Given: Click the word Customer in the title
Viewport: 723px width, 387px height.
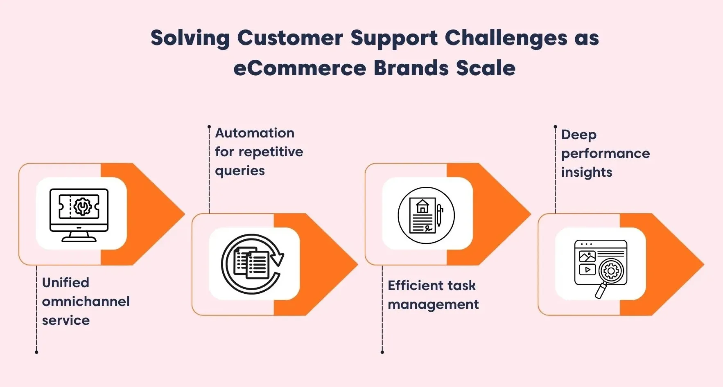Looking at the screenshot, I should (290, 38).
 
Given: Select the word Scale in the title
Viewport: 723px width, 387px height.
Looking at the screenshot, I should (486, 68).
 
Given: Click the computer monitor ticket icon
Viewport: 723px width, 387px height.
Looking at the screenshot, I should (79, 214).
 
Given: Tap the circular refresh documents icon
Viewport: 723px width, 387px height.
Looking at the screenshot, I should (253, 264).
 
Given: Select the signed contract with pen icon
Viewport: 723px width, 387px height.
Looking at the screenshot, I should (426, 216).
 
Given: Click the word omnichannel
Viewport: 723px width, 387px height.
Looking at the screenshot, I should (86, 301).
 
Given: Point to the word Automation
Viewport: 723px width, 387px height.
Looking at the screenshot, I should (255, 133).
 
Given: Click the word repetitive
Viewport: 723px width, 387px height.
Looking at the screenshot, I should (271, 152).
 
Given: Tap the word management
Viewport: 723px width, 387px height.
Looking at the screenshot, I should (433, 304).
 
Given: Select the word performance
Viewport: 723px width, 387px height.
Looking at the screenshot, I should (605, 153).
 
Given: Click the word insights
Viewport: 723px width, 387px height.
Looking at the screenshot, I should (586, 172).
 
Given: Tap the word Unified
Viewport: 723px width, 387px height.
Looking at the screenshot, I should (66, 283).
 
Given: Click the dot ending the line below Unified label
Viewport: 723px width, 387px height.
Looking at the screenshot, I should (36, 352).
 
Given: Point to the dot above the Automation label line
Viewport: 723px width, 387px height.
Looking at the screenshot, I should (209, 127).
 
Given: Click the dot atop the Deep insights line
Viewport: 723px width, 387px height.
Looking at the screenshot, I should (555, 127).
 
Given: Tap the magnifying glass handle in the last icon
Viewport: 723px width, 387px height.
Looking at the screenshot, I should (601, 291).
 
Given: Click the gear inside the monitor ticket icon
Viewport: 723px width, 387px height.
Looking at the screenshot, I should (83, 207).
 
